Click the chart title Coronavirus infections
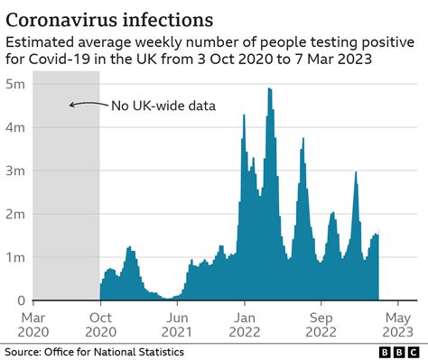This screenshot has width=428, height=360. [x=111, y=18]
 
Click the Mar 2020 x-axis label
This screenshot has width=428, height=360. [x=34, y=325]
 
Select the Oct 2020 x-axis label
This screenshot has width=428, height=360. [x=100, y=325]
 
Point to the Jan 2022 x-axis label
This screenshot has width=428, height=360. [x=245, y=325]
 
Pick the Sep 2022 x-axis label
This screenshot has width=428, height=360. [x=321, y=325]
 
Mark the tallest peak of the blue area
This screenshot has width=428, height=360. [x=269, y=89]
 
